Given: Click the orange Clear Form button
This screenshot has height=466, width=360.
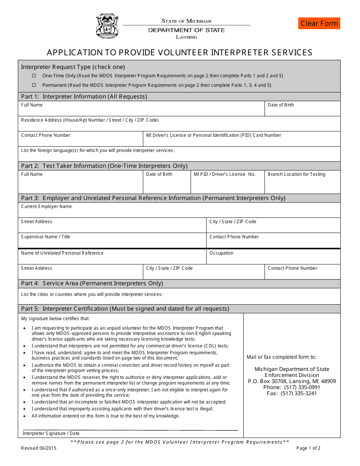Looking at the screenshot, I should click(x=319, y=23).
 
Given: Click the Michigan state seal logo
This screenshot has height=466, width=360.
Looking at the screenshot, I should click(x=107, y=26).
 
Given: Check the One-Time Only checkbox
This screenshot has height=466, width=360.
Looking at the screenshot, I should click(x=34, y=76).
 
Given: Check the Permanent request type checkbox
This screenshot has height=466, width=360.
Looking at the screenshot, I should click(x=34, y=85).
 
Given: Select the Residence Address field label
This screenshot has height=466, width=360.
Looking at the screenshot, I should click(x=90, y=120).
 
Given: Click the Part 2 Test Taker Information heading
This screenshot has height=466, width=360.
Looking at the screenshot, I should click(x=104, y=166).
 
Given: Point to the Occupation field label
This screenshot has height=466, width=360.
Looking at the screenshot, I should click(x=221, y=253).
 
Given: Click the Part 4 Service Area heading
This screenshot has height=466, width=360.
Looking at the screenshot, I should click(x=92, y=283).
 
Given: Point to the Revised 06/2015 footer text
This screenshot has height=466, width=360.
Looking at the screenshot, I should click(x=39, y=448).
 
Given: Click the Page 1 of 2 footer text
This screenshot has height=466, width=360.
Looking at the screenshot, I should click(x=308, y=448).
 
